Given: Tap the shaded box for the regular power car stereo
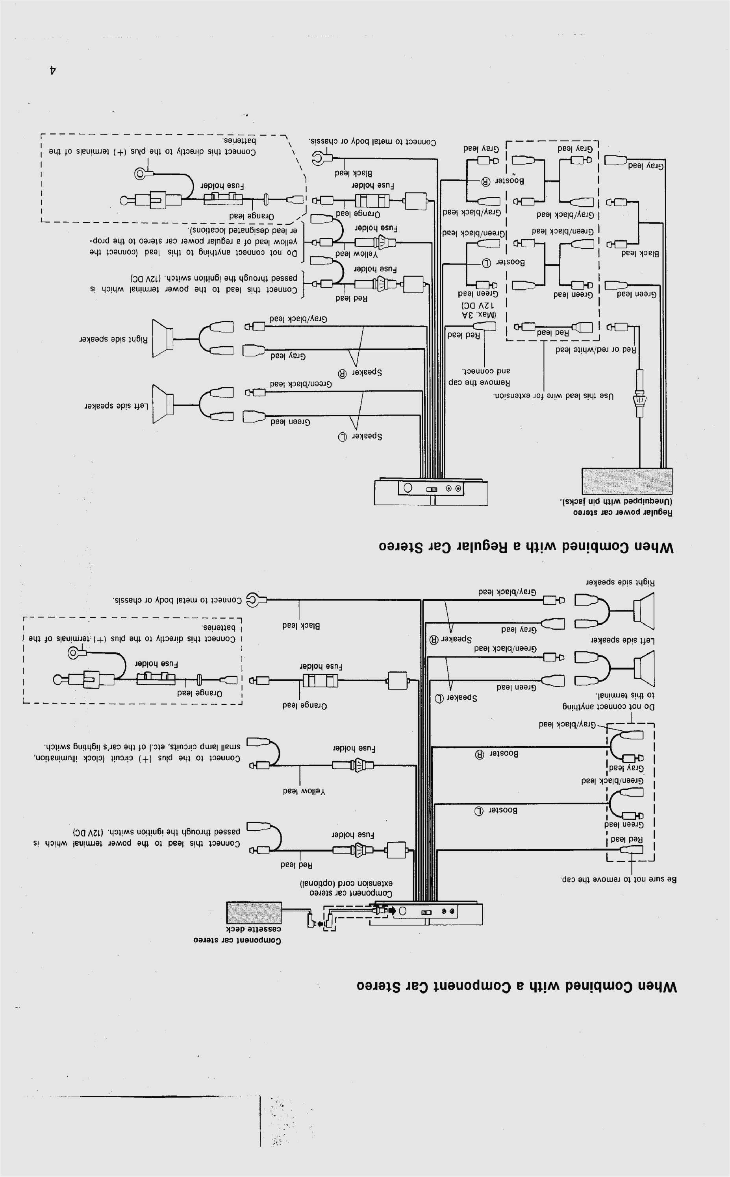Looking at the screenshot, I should coord(627,481).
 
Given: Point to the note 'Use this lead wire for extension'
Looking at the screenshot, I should coord(553,396).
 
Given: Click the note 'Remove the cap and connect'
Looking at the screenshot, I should coord(480,377).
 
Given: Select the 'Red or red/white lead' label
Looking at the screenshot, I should coord(595,349).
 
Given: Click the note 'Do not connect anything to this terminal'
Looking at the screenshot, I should coord(608,700).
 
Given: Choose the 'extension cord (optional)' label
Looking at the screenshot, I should coord(346,883).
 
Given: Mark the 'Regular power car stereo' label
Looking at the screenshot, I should coord(623,512).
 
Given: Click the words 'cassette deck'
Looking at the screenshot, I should coord(254,929).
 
